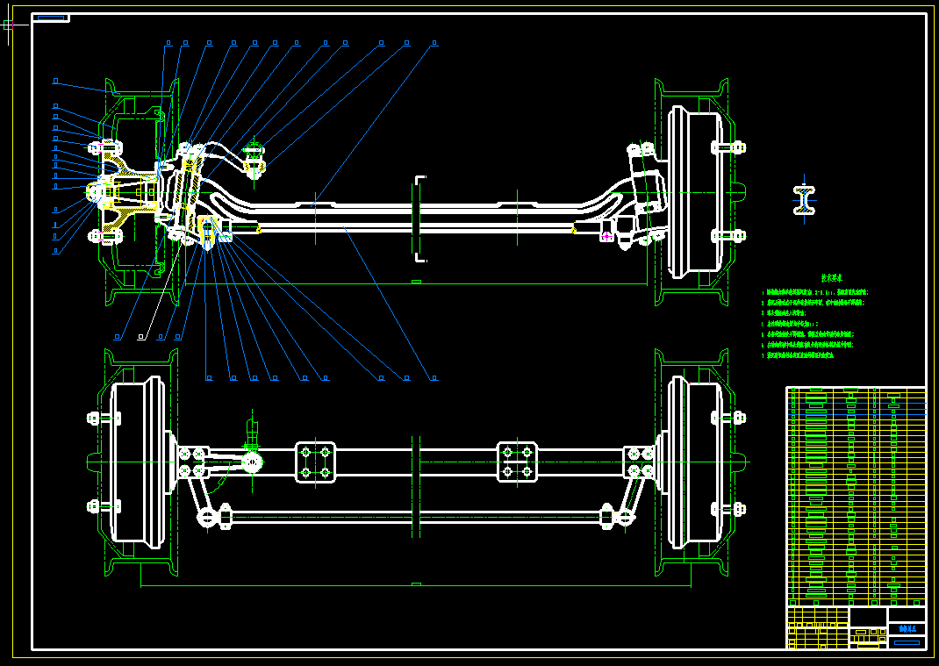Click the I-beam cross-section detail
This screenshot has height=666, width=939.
point(804,200)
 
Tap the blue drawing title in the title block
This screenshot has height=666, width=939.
point(907,628)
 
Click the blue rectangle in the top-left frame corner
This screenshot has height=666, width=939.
point(51,18)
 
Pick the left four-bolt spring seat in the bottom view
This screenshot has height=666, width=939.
point(315,462)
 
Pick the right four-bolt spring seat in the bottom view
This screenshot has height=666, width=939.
point(517,462)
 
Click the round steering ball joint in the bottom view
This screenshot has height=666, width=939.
point(253,462)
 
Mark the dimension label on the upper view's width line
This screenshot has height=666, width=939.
point(416,283)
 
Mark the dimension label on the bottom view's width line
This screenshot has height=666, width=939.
point(416,584)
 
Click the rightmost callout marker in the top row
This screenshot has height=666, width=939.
point(434,42)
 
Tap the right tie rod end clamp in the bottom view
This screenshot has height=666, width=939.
point(607,516)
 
